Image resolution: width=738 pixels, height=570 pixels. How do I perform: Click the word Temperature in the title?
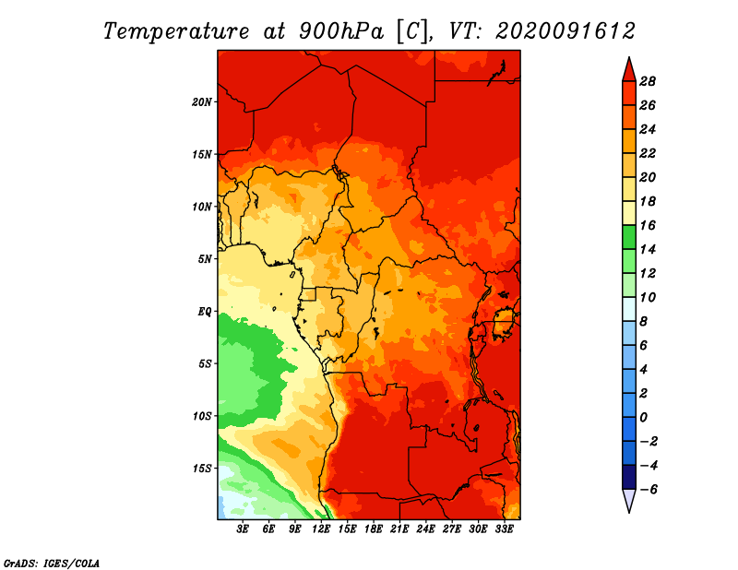176,31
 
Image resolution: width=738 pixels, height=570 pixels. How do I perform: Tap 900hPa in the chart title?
341,31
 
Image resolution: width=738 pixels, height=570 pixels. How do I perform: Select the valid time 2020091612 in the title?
565,31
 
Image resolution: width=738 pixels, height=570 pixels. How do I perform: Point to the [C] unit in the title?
413,31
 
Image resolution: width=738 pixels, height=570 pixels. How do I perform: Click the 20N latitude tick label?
202,102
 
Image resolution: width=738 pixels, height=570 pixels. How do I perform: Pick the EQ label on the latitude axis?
205,312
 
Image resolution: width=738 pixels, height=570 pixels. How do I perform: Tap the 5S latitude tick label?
205,363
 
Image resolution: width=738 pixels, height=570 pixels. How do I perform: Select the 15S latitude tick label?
202,469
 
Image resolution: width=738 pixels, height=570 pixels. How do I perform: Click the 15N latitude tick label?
202,154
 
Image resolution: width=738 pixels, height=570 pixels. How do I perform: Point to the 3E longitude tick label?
243,529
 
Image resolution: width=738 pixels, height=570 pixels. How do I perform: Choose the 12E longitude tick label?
321,529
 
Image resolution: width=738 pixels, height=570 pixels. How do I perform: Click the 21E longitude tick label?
399,529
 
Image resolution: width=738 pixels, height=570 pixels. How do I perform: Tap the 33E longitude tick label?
504,529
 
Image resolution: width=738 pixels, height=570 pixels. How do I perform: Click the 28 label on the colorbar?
648,81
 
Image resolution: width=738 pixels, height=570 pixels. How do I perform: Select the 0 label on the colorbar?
644,418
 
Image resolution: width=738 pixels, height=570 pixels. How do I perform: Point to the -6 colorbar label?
649,490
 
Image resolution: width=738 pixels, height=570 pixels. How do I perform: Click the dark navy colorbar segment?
629,477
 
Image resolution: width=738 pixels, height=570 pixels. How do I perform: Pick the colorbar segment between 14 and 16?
629,237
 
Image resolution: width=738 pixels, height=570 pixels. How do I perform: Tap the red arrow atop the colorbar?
629,70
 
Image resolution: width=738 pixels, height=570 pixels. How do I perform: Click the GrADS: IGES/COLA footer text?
52,564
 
